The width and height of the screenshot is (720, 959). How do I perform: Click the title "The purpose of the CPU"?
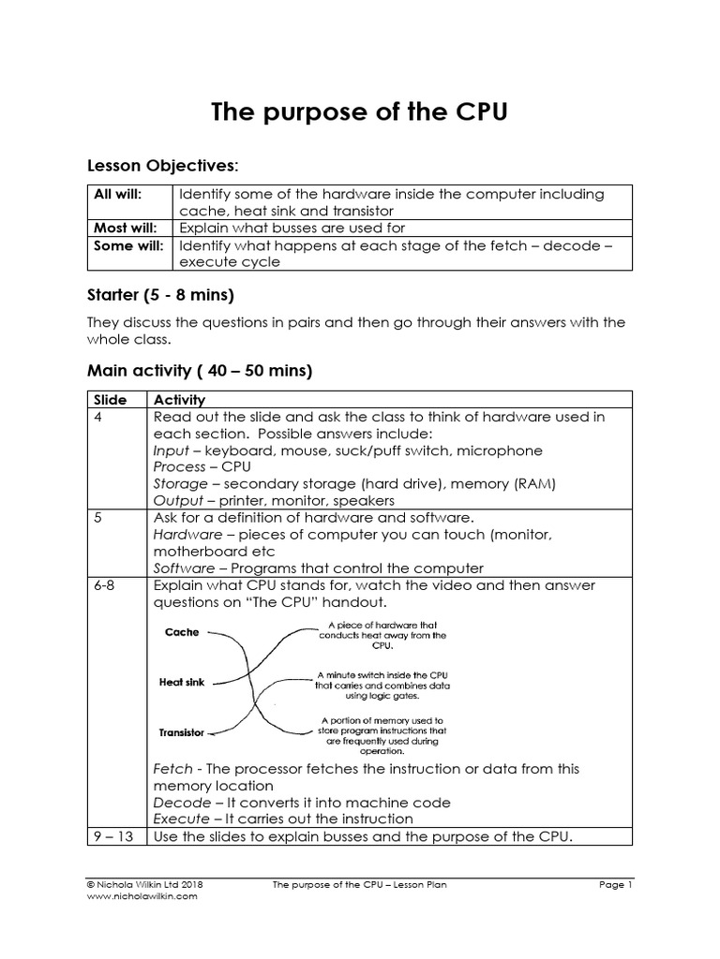click(x=359, y=112)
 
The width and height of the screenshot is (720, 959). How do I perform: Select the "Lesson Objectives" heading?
click(x=162, y=166)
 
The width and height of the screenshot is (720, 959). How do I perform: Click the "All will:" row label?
click(x=115, y=195)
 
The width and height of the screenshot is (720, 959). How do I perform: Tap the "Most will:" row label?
click(x=124, y=228)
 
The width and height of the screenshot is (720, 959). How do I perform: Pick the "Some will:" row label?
click(x=126, y=246)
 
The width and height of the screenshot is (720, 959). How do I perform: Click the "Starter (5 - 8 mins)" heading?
click(x=160, y=297)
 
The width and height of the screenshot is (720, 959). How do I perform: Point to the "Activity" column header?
click(x=179, y=400)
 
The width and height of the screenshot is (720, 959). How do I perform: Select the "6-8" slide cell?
click(x=105, y=585)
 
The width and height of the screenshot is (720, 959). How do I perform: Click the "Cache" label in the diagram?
click(x=182, y=632)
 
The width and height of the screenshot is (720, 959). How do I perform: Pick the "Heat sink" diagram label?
click(x=182, y=683)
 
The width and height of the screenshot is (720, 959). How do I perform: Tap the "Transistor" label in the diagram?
click(x=181, y=732)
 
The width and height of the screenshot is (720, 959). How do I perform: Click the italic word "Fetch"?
click(x=172, y=769)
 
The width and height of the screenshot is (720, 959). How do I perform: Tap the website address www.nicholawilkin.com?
click(x=142, y=896)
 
